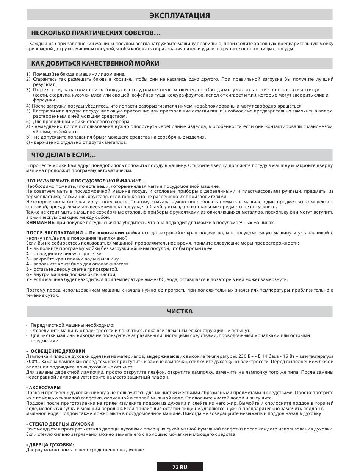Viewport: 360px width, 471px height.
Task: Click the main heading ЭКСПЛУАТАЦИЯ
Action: [x=180, y=16]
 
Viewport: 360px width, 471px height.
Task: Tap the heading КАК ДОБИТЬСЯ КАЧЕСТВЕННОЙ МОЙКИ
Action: [x=95, y=63]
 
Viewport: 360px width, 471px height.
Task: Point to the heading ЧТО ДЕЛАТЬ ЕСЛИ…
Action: [x=63, y=155]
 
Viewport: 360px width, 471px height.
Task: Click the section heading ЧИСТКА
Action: [x=180, y=311]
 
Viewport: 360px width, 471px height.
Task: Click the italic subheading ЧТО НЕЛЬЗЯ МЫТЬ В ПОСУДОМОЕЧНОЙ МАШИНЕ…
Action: [x=86, y=181]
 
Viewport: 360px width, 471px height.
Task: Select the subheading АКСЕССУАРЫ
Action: [x=45, y=387]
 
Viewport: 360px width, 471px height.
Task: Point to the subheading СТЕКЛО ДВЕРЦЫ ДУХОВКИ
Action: [x=61, y=424]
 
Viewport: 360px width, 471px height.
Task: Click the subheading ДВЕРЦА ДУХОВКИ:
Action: [x=51, y=444]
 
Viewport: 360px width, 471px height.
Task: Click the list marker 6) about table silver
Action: [x=28, y=122]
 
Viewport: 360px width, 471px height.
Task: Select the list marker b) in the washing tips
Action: [x=28, y=137]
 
